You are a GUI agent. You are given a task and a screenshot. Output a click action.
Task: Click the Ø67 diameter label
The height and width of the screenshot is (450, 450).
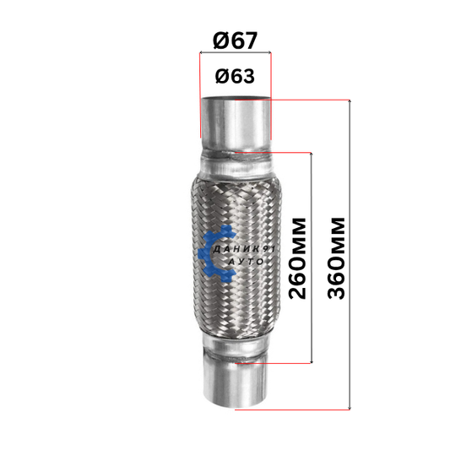235,41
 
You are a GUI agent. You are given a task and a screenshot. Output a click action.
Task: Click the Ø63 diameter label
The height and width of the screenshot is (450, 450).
235,76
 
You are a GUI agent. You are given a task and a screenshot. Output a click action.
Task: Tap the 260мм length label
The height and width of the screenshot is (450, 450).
297,258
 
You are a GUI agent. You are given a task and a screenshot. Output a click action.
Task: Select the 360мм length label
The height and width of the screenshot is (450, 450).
336,258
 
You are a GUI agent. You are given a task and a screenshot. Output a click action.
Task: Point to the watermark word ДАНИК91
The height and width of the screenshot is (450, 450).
244,249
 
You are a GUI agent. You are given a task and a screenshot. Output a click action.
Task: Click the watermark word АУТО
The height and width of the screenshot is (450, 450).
246,262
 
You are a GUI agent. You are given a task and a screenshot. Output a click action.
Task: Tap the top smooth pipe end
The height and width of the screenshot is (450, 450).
236,122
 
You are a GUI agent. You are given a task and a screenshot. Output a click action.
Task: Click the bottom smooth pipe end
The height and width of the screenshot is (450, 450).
236,383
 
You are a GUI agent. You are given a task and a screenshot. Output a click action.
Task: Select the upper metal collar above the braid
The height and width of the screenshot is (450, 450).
236,164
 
